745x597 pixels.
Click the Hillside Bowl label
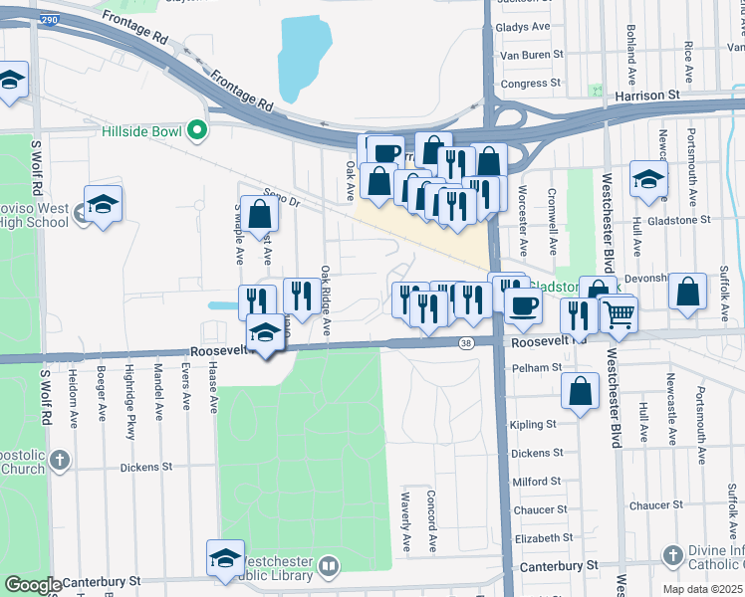142,130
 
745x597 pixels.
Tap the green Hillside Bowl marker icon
197,130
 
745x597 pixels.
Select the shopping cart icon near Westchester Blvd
620,314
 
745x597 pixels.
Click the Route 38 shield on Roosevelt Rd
466,342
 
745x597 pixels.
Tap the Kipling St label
532,425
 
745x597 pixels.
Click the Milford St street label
535,482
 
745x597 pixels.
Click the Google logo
32,585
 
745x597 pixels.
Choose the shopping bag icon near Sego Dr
259,214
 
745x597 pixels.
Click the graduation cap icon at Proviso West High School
103,204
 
